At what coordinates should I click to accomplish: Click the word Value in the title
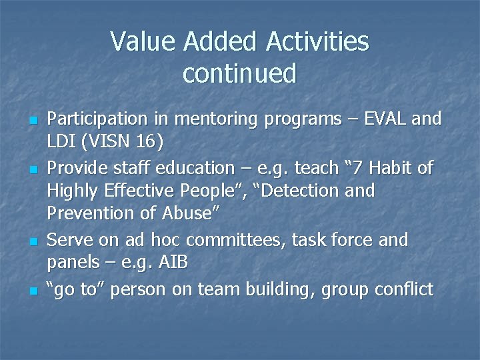143,42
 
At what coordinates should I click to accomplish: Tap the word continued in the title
239,73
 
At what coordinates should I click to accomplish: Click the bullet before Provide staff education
32,169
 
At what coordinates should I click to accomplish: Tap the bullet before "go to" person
32,291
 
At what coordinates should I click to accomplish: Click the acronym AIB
174,263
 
